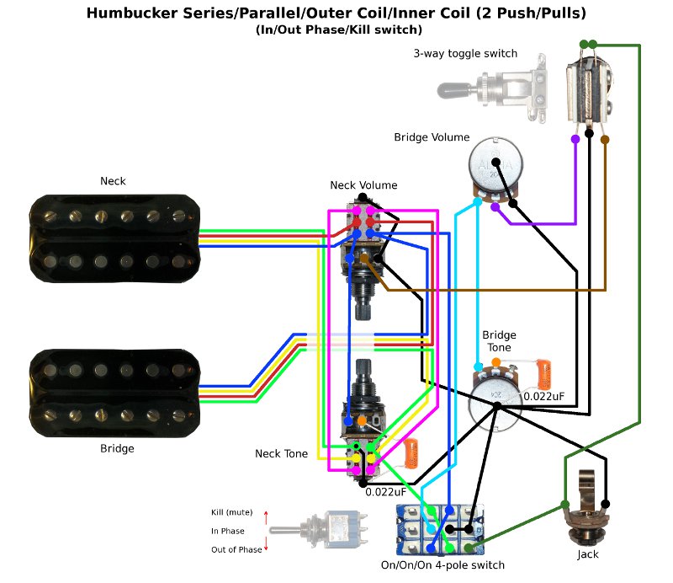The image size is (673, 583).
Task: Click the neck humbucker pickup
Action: coord(116,238)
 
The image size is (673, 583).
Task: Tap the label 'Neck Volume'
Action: coord(363,185)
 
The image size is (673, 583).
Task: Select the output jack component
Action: coord(587,505)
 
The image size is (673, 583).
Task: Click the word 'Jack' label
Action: coord(588,555)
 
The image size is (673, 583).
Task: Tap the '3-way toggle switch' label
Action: coord(465,54)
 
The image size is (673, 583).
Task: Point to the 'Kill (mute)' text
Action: coord(232,512)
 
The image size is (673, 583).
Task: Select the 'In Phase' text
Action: coord(228,531)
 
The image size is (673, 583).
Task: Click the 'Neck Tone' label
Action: coord(281,454)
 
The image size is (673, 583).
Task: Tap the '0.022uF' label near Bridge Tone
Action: coord(545,396)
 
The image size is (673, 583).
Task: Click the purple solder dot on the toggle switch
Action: coord(575,139)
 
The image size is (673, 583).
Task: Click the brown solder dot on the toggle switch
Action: coord(605,139)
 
